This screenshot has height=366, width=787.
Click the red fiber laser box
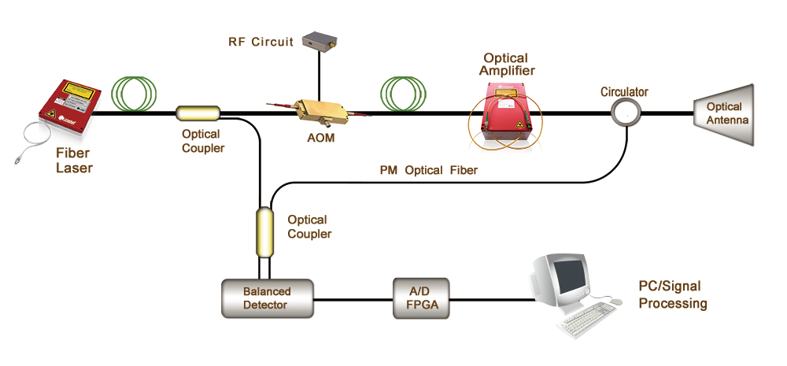point(70,107)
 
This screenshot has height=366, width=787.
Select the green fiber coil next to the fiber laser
point(134,93)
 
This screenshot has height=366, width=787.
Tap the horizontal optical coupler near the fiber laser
point(198,113)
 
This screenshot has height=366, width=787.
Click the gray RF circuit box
point(320,41)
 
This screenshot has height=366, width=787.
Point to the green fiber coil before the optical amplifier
point(403,93)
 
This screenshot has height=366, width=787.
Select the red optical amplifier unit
point(508,113)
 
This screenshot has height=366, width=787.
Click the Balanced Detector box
point(267,298)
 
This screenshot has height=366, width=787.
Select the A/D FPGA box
point(420,298)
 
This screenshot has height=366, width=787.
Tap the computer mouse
point(615,301)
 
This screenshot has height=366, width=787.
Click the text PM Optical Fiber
point(429,171)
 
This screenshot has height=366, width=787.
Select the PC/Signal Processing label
point(673,294)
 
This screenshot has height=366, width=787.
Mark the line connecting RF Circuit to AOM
point(320,74)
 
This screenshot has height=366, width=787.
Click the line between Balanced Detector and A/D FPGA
point(353,300)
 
